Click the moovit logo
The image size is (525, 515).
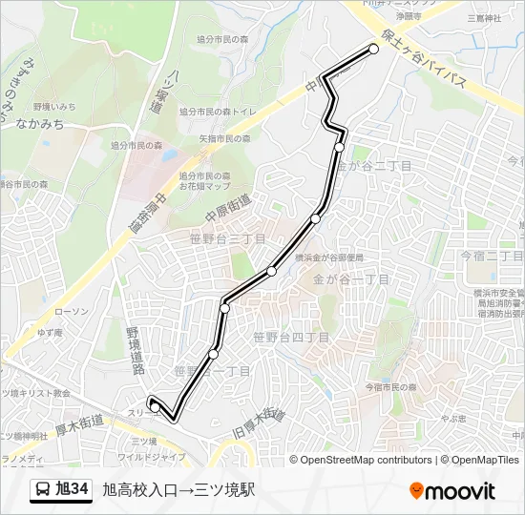452,491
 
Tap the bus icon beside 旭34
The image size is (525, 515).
43,491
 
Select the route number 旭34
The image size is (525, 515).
73,490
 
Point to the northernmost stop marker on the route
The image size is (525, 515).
374,49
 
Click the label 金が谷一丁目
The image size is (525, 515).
351,279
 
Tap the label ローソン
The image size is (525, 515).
72,311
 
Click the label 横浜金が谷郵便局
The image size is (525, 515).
329,257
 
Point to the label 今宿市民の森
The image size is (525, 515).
391,386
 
